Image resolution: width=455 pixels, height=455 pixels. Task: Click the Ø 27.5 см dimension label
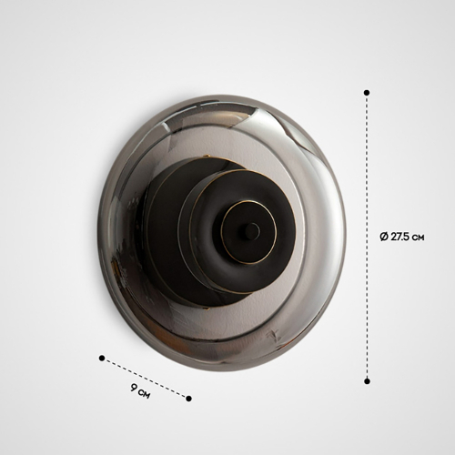tap(402, 237)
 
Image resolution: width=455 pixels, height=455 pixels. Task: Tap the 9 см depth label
tap(140, 391)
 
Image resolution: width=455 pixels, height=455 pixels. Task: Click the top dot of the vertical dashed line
tap(367, 92)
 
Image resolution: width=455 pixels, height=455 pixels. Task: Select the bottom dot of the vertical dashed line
tap(368, 381)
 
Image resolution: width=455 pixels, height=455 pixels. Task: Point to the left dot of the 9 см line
tap(102, 359)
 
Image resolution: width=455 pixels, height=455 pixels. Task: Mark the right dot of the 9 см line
tap(188, 399)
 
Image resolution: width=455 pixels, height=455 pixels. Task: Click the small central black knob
tap(252, 231)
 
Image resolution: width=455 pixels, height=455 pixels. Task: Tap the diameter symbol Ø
tap(384, 237)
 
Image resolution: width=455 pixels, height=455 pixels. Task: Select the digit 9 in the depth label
tap(134, 388)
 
